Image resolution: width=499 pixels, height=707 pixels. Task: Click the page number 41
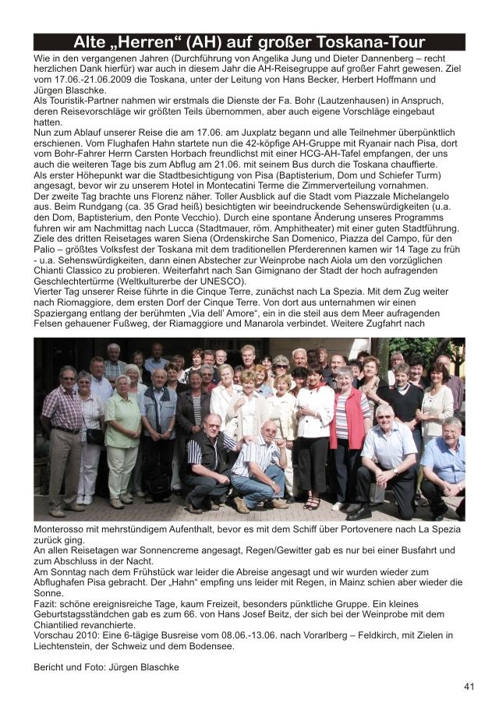[x=469, y=687]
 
